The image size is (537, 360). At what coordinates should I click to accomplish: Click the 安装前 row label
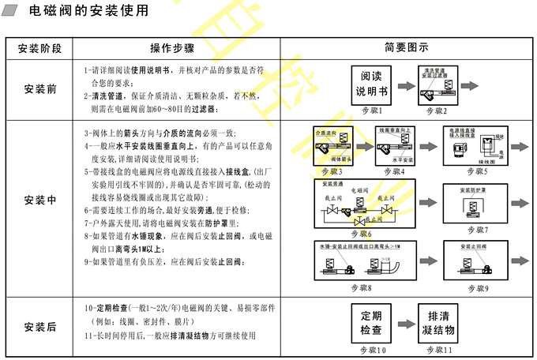point(40,88)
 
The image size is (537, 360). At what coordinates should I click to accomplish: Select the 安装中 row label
point(40,199)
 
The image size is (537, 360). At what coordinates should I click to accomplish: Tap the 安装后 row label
point(40,327)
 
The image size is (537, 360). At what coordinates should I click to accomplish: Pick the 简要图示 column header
point(406,47)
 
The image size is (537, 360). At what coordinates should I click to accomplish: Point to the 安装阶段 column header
point(40,47)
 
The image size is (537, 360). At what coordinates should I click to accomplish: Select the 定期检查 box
point(371,323)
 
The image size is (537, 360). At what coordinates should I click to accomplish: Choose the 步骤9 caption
point(476,288)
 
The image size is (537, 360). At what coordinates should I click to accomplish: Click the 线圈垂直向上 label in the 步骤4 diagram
point(394,129)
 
